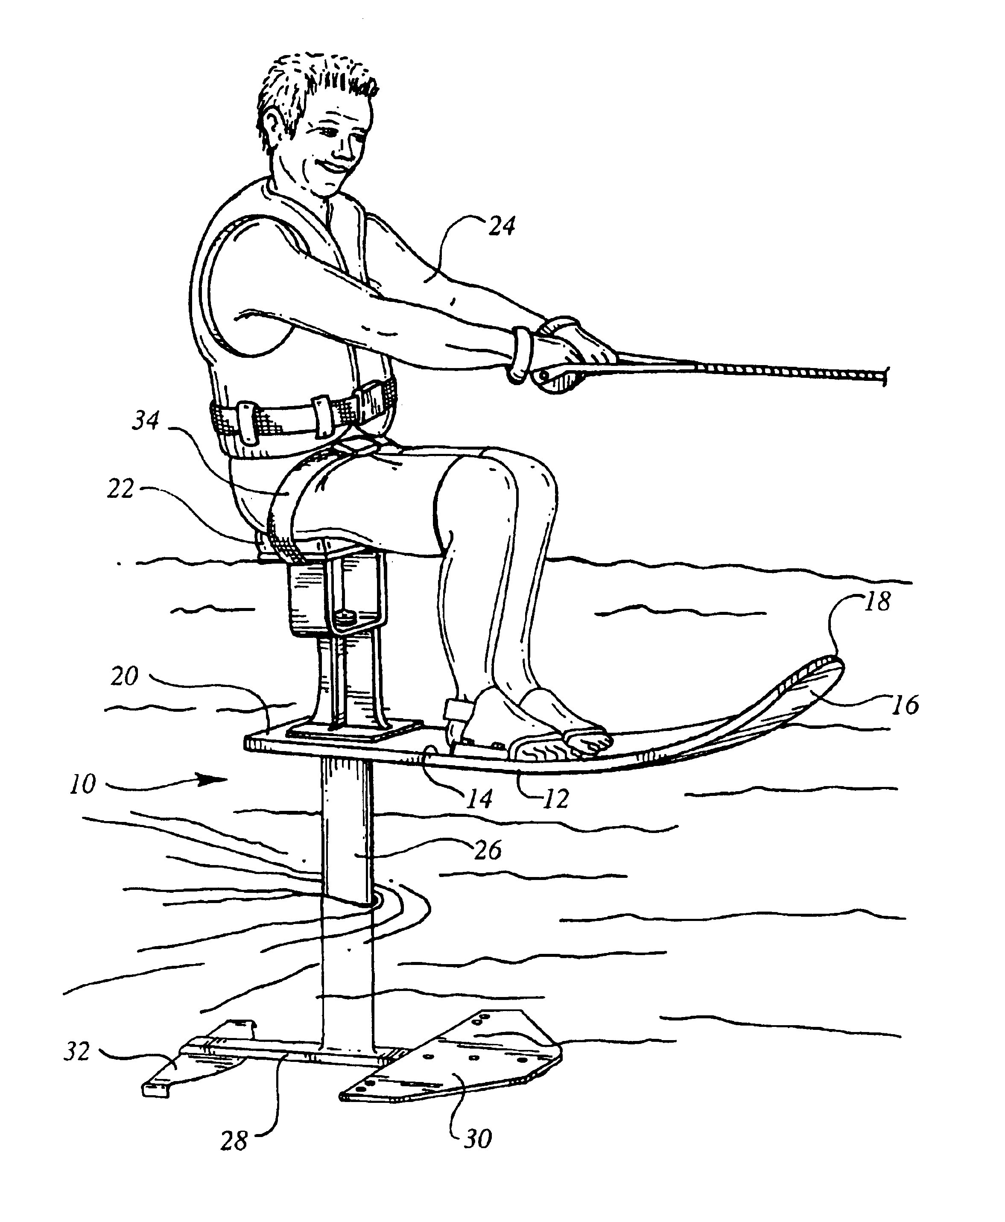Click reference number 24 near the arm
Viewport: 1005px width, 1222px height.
click(x=501, y=226)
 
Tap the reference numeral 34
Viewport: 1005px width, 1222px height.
click(x=145, y=421)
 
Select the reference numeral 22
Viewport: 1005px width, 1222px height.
click(x=120, y=489)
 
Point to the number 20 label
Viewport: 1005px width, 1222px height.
click(x=125, y=676)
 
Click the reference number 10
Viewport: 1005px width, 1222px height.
click(x=83, y=784)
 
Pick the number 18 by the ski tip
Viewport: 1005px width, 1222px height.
click(x=878, y=602)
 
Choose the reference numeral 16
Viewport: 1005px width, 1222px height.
click(x=905, y=705)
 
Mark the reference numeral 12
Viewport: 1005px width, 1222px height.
click(x=556, y=799)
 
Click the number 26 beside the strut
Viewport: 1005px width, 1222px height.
click(x=488, y=851)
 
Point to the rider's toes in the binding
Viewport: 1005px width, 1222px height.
click(x=590, y=743)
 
